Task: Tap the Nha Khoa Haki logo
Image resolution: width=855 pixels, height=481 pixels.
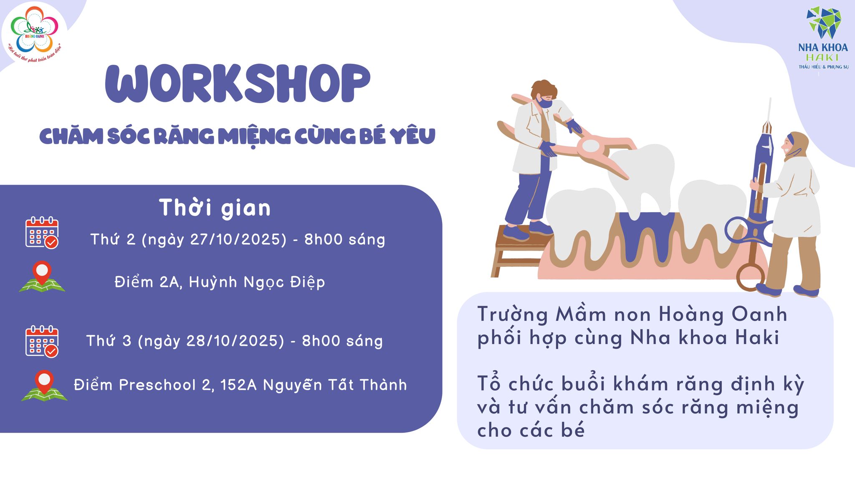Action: [824, 38]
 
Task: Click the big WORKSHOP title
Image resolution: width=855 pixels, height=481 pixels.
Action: [238, 83]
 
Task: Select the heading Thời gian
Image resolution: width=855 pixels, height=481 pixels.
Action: [215, 208]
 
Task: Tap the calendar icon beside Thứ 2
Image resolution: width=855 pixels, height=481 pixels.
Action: [42, 233]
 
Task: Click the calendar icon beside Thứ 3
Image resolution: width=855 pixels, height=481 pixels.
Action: [42, 341]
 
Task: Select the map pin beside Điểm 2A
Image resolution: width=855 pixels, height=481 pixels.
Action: [42, 276]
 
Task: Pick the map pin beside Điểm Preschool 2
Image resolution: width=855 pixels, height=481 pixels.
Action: [44, 385]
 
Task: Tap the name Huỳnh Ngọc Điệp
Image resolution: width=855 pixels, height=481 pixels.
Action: [257, 282]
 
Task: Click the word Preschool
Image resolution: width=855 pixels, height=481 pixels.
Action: [157, 385]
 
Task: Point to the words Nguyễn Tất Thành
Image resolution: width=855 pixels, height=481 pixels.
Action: [335, 385]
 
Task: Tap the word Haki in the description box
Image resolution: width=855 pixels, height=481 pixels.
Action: [757, 337]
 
